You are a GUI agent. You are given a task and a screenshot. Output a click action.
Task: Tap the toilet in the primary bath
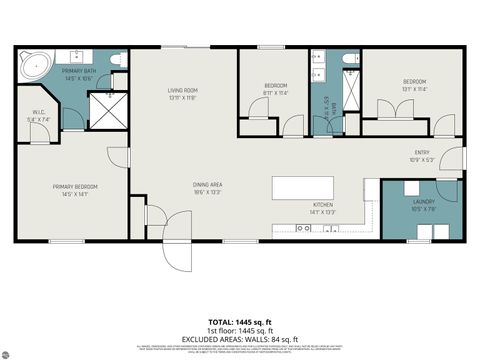116,60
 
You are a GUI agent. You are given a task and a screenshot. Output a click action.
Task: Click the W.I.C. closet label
39,115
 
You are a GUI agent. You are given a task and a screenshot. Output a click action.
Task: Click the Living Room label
183,94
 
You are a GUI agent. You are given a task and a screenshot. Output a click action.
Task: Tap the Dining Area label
207,188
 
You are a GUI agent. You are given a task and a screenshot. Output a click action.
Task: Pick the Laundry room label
423,206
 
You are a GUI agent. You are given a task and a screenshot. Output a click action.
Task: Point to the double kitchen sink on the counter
303,228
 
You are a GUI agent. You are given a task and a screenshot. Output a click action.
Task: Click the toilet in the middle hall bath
350,60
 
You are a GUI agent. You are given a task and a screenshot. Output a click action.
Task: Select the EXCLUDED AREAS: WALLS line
241,338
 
